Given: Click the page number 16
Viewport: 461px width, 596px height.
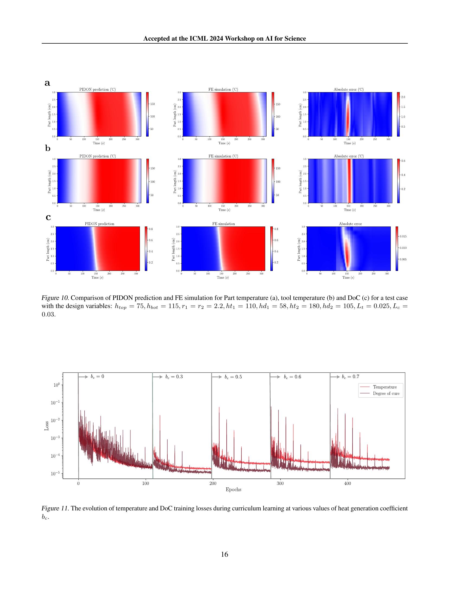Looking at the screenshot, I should point(225,554).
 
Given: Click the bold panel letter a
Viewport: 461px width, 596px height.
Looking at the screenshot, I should point(47,83).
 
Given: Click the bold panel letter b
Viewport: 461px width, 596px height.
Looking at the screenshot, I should point(48,148).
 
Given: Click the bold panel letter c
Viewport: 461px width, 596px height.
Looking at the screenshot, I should point(48,217).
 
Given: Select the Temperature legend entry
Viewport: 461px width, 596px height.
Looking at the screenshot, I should point(385,387).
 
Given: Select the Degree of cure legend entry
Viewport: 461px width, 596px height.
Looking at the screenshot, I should point(386,393).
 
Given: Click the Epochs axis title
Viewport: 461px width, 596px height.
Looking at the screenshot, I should point(233,489).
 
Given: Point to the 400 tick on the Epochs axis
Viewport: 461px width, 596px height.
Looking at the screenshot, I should point(347,484).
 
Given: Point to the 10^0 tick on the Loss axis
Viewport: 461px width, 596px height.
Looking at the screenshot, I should point(56,385).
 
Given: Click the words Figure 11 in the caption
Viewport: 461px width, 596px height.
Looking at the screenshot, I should point(55,508).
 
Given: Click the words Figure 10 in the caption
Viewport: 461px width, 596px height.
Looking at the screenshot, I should point(55,298).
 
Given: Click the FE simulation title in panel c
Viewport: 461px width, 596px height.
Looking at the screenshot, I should point(223,224).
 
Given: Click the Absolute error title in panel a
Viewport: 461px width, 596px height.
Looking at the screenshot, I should point(348,89).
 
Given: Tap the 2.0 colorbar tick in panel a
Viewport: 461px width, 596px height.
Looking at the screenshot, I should point(403,97).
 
